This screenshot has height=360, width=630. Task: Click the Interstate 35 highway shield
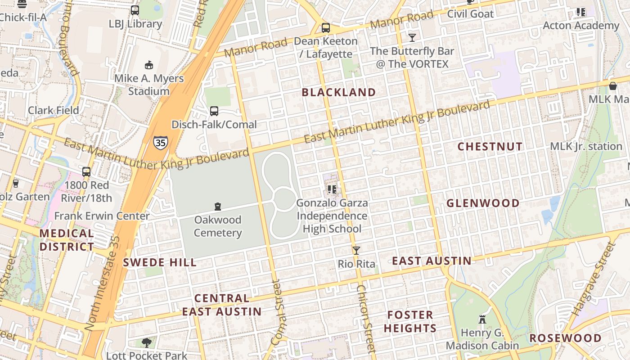(160, 142)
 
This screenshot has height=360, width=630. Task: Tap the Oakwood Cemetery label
(218, 226)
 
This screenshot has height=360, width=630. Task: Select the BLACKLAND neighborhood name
(338, 93)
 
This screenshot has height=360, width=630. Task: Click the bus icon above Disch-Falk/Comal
(214, 111)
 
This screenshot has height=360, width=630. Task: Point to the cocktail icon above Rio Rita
(356, 251)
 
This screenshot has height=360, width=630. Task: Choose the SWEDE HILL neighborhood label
(160, 263)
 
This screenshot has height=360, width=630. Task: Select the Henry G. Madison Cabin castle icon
(482, 319)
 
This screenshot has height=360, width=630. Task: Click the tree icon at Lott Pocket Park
(146, 343)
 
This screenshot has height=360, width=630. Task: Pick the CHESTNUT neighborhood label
(490, 147)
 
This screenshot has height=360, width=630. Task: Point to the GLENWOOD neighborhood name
(483, 203)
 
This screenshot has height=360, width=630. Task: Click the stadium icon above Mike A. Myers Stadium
(149, 65)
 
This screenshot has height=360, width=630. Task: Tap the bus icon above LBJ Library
(135, 10)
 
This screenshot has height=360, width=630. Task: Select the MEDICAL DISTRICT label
(67, 240)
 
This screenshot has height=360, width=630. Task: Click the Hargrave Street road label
(593, 279)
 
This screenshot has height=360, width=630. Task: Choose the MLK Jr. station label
(586, 147)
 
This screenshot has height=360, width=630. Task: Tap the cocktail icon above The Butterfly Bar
(412, 37)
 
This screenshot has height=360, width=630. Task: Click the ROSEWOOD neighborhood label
(565, 338)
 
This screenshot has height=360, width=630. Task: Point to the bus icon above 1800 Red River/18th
(86, 172)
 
